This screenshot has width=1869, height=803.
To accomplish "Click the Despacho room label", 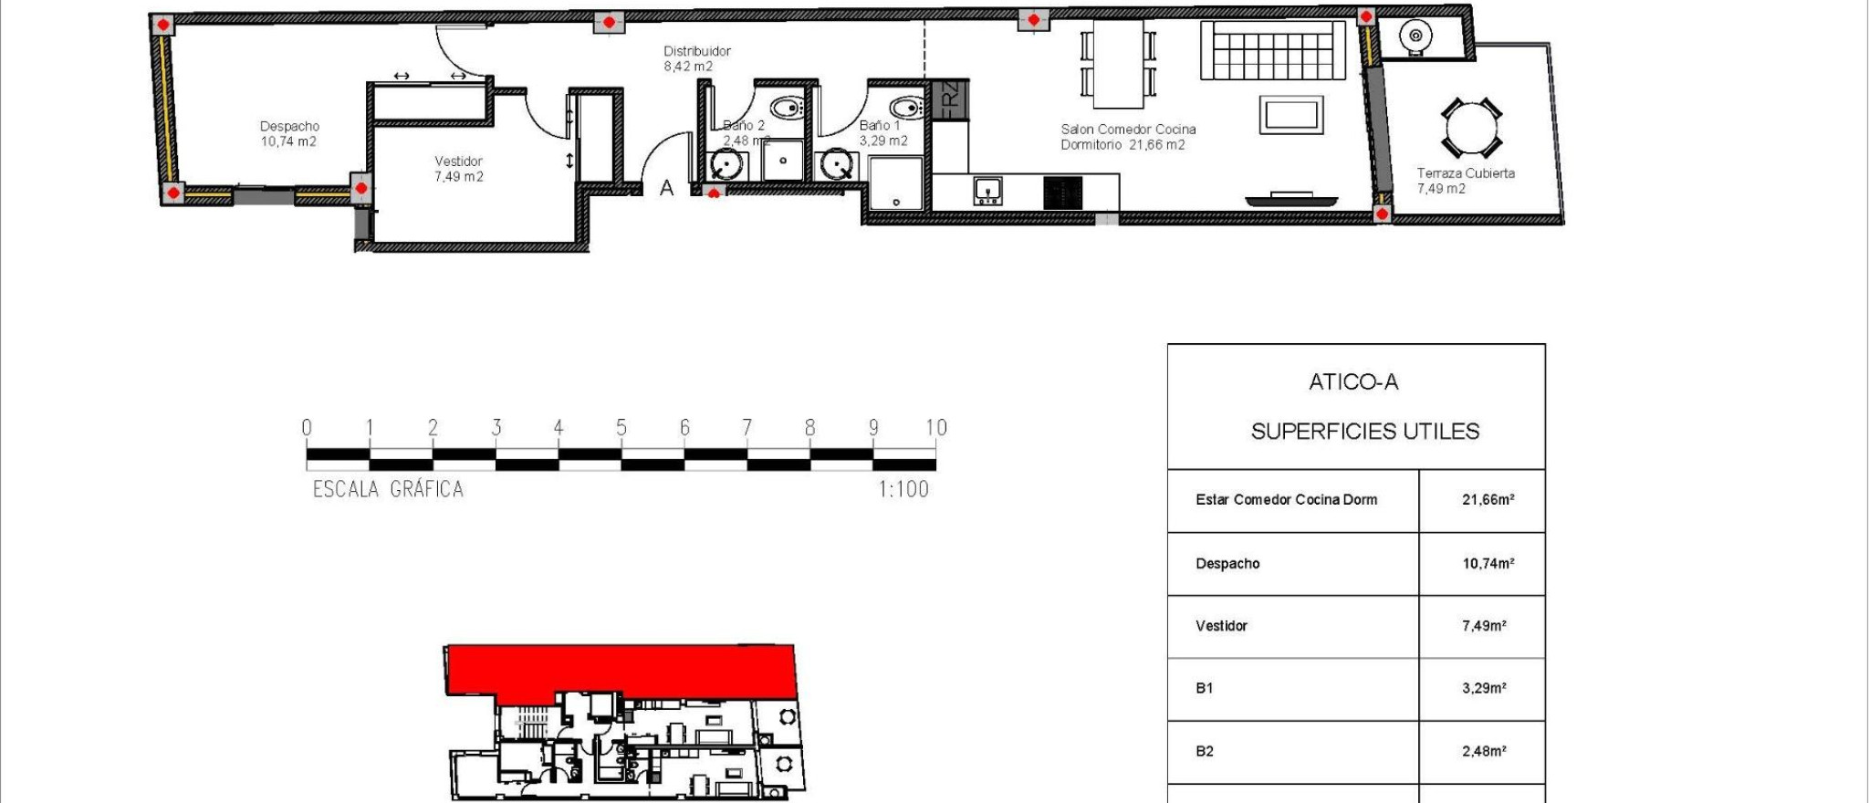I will tap(289, 127).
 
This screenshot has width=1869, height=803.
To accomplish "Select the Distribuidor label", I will tap(696, 52).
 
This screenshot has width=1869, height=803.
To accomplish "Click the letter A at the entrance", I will tap(666, 189).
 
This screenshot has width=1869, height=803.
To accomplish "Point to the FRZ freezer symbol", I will tap(949, 99).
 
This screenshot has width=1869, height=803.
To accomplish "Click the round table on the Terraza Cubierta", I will tap(1471, 128).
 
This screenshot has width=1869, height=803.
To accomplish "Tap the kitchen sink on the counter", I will tap(987, 191).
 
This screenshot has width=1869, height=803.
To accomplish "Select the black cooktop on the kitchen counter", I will tap(1062, 193).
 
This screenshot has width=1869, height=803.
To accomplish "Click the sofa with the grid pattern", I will tap(1272, 51).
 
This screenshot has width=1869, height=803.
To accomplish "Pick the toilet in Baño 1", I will tap(906, 108).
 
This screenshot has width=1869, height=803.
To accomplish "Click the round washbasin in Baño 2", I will tap(726, 166).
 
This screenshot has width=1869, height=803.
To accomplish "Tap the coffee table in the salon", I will tap(1291, 116).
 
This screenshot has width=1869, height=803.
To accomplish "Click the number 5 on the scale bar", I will tap(621, 427).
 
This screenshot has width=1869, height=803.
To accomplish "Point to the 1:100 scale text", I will tap(903, 490).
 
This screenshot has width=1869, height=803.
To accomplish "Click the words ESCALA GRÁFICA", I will tap(388, 490).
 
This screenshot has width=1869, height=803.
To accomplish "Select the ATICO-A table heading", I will tap(1353, 382).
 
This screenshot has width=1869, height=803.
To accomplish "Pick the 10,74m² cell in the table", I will tap(1488, 564).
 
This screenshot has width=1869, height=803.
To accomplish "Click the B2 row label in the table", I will tap(1205, 752).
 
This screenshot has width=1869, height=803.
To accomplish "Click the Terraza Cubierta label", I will tap(1465, 173).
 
